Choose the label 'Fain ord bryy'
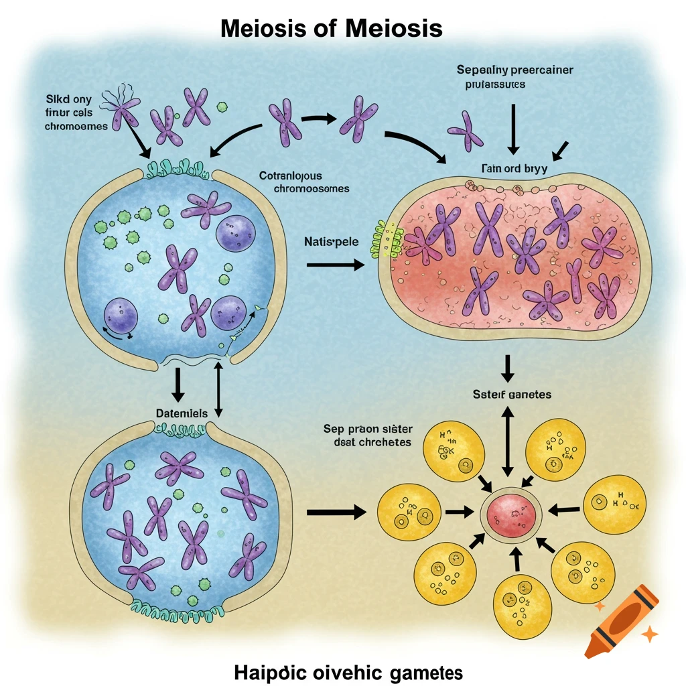(513, 169)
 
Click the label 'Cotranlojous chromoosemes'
(303, 182)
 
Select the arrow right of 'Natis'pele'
(335, 265)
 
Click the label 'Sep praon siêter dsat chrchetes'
(368, 435)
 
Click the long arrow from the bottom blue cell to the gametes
(336, 512)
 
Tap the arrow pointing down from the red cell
(507, 366)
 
